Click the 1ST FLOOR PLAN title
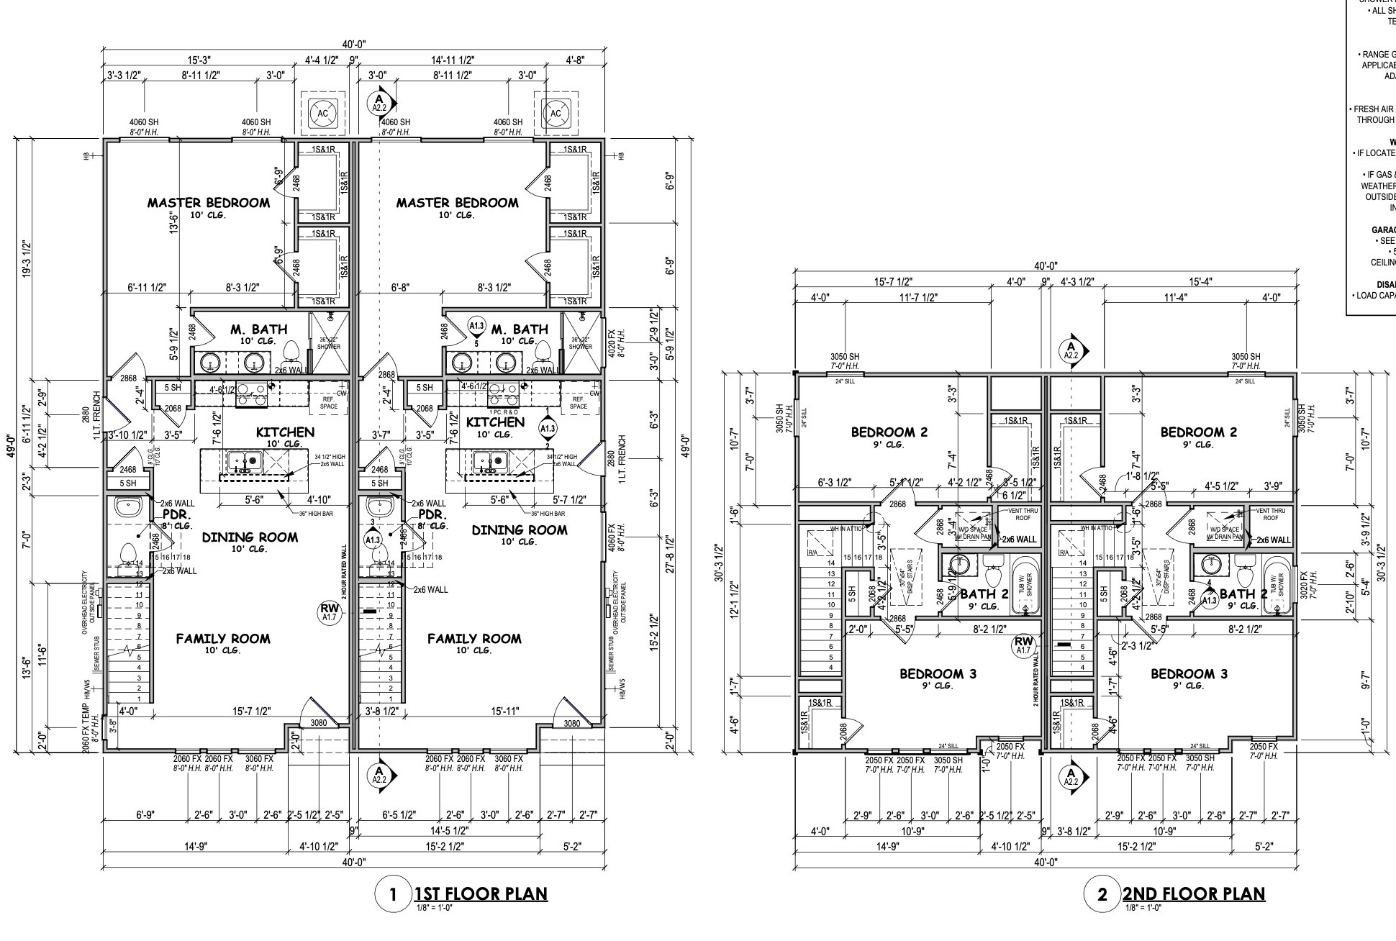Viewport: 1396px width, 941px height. [x=480, y=894]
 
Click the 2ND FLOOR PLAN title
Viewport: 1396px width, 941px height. [x=1193, y=894]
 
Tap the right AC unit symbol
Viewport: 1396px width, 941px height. [x=555, y=113]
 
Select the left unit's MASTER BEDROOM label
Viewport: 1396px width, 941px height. [x=209, y=203]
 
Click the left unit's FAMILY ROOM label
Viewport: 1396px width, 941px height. [x=223, y=638]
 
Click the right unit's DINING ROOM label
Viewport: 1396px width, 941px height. [x=520, y=530]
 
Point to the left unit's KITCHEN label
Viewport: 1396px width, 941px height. [x=285, y=432]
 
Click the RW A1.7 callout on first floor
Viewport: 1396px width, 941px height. [x=329, y=612]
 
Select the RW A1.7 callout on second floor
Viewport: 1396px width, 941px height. [x=1023, y=645]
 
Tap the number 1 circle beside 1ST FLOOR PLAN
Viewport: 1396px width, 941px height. [x=392, y=894]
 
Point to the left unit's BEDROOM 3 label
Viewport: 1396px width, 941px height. [x=938, y=674]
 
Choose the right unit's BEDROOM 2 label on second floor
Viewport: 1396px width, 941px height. [x=1198, y=432]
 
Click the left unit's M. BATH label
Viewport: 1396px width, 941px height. [x=258, y=329]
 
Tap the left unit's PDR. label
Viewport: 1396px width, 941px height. [x=175, y=515]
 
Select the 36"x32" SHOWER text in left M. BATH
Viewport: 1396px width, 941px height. [x=329, y=342]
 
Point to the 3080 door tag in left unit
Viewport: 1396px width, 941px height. [x=318, y=723]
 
